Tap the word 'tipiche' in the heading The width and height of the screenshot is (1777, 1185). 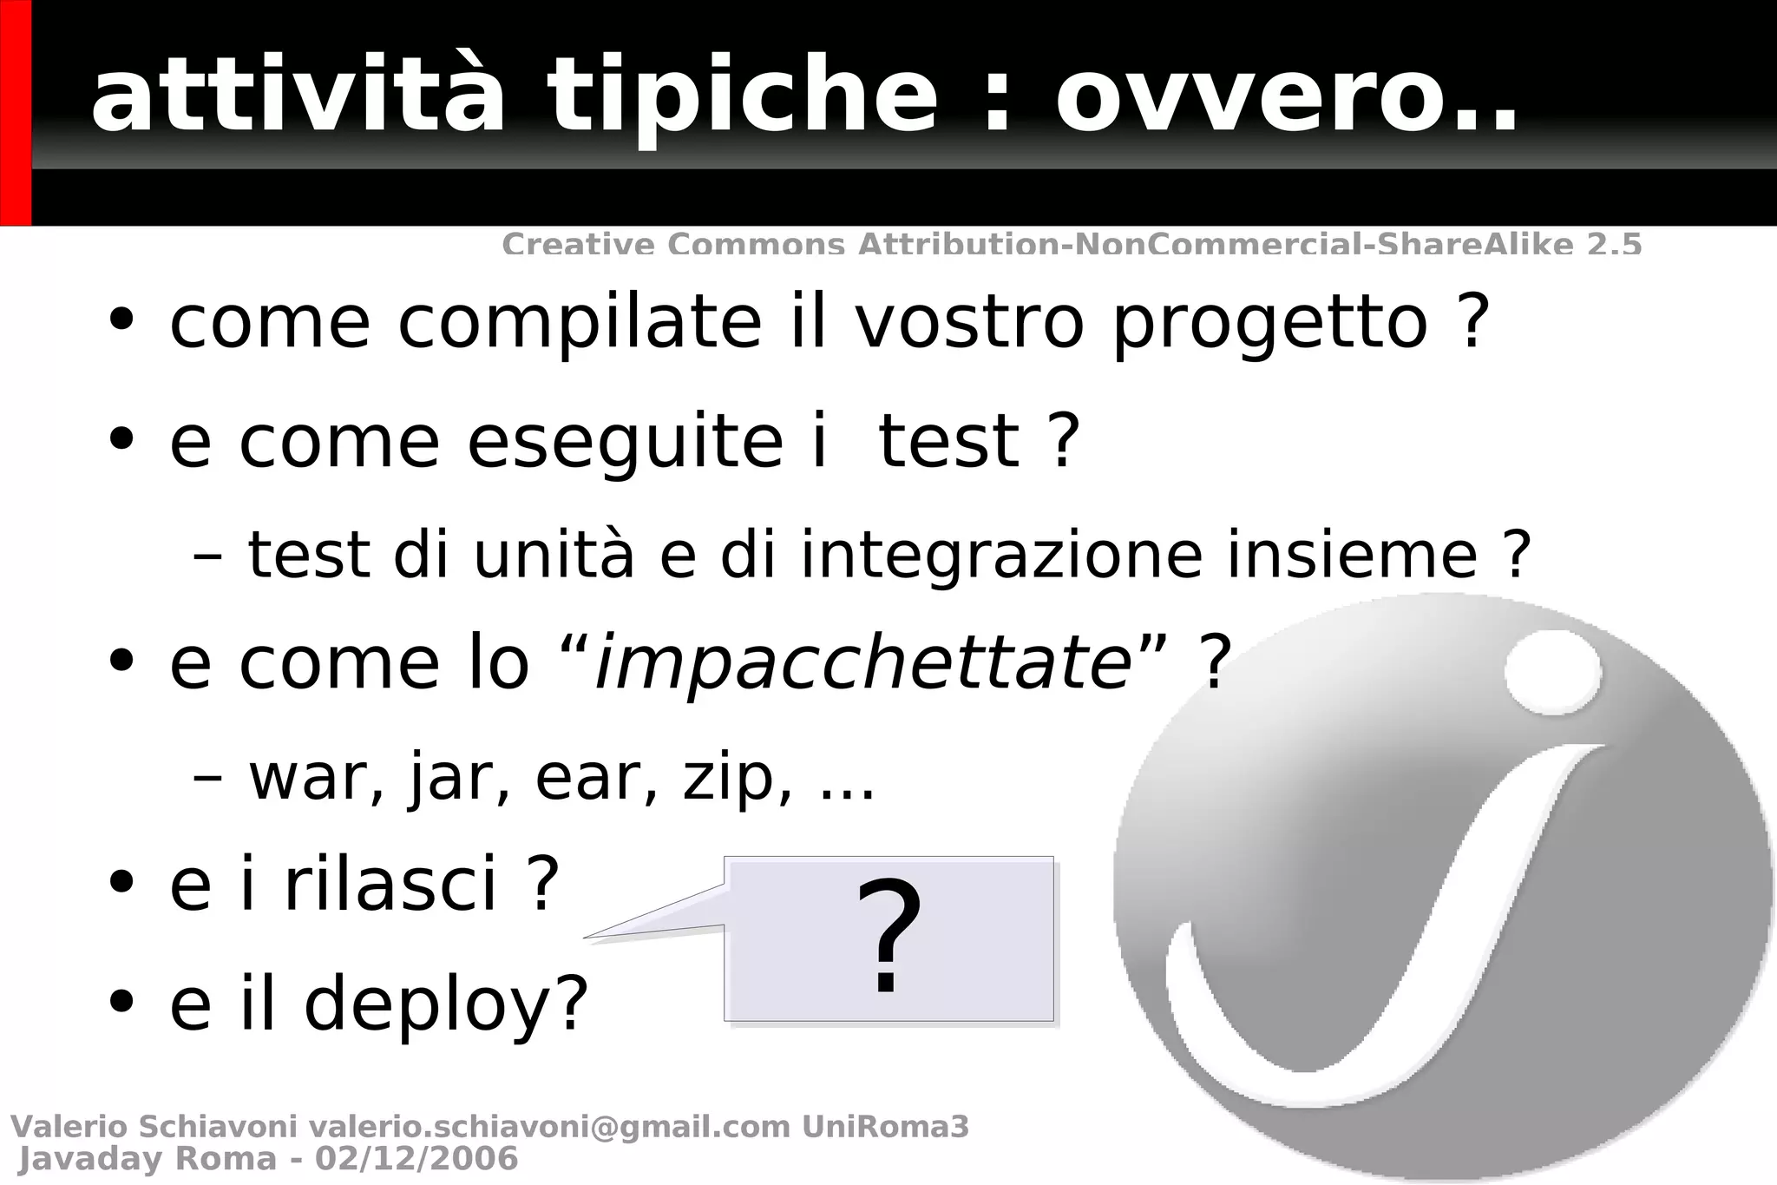742,95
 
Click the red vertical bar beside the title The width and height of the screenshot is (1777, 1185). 16,113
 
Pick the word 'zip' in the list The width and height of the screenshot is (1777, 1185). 727,779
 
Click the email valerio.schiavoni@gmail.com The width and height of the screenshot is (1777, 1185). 549,1127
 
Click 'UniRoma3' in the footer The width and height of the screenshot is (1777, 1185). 885,1127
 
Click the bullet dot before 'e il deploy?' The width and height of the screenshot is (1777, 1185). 122,1001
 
